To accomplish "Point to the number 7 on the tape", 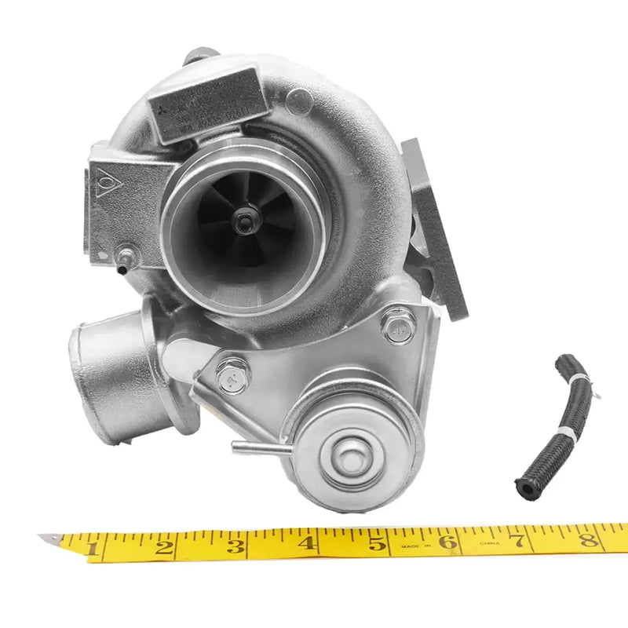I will tap(518, 541).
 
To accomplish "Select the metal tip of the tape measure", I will tap(49, 539).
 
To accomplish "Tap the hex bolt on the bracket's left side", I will tap(232, 378).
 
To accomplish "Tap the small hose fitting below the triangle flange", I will tap(124, 261).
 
